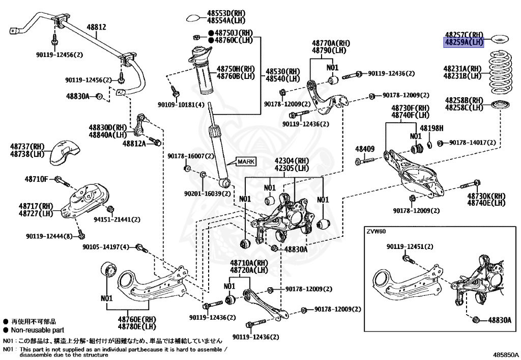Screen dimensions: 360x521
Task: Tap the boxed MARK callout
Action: click(246, 161)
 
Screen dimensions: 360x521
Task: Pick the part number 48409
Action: click(365, 149)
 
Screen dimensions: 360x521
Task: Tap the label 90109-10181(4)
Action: click(181, 105)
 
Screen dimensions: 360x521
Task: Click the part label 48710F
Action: click(36, 179)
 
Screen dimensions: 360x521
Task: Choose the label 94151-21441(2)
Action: click(117, 219)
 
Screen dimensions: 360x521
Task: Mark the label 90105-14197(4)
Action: click(106, 247)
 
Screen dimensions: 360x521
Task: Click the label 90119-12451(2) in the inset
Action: click(410, 247)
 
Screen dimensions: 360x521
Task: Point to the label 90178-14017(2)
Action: click(472, 143)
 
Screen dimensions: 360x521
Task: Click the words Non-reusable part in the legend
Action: click(36, 329)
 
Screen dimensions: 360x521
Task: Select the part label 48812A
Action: click(134, 144)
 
